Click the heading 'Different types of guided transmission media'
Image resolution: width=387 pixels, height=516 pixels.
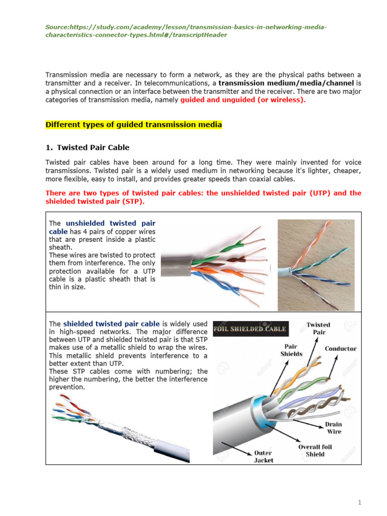click(x=134, y=124)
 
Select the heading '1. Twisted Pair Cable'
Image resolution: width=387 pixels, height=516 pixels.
click(x=87, y=148)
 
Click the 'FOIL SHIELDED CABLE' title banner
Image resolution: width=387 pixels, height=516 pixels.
click(x=250, y=329)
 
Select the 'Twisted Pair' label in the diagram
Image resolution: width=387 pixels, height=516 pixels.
click(x=318, y=328)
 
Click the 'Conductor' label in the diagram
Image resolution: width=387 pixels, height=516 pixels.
click(x=341, y=348)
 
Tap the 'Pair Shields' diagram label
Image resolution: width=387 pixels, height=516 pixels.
click(x=291, y=350)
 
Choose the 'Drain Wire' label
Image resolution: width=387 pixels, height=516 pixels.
click(x=334, y=428)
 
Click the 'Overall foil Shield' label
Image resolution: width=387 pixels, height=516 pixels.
click(x=315, y=450)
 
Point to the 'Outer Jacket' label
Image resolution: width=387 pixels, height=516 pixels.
click(x=263, y=457)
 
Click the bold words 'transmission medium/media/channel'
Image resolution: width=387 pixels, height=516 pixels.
click(x=287, y=82)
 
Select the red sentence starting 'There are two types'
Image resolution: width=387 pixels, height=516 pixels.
click(x=203, y=197)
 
